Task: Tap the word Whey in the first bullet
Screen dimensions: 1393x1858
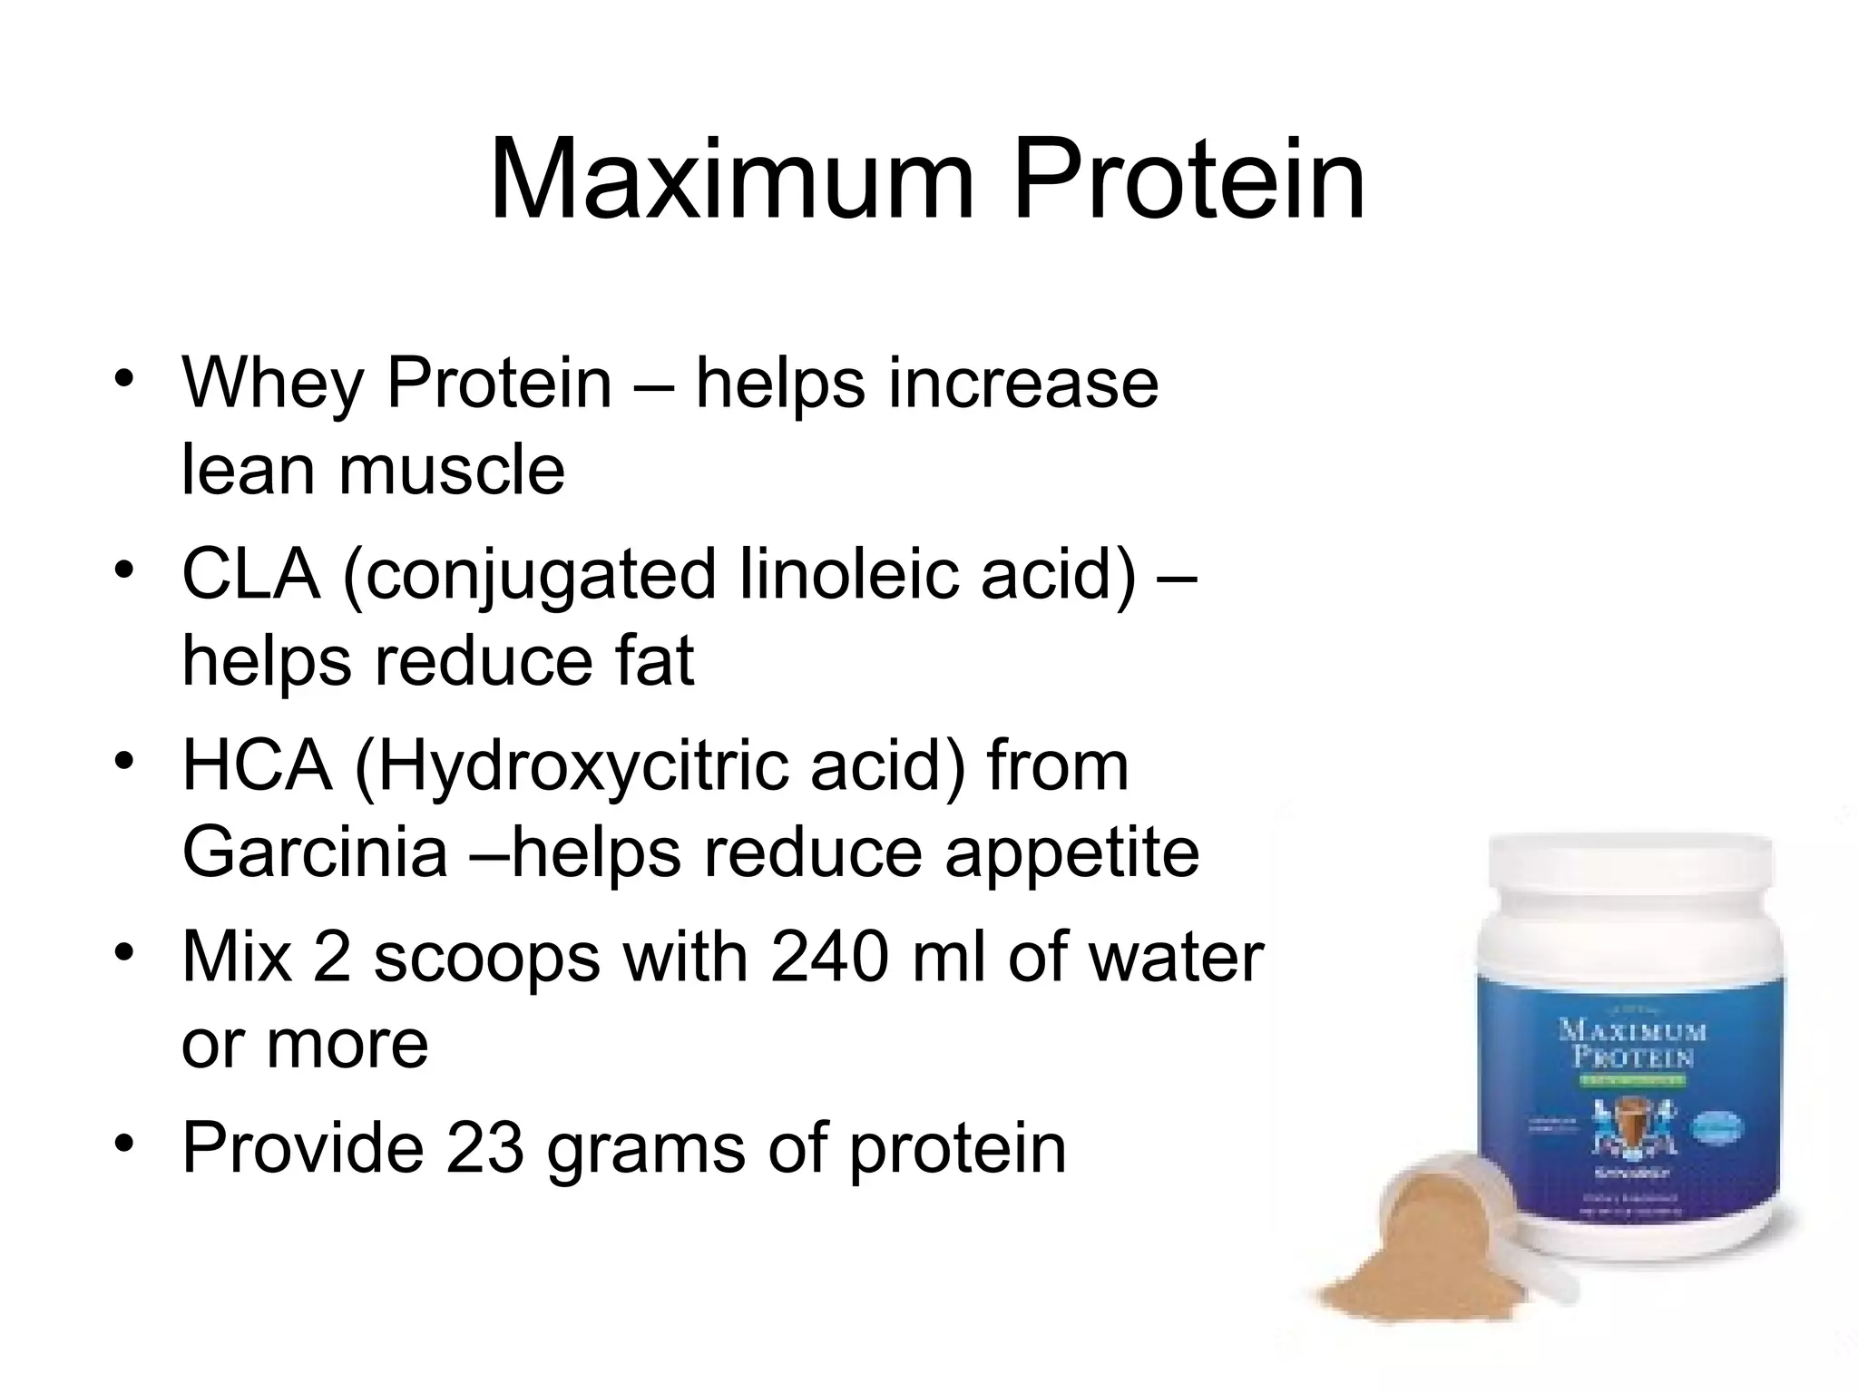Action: (271, 385)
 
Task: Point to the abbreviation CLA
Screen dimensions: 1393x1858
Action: (251, 574)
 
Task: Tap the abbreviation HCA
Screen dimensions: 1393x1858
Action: (257, 766)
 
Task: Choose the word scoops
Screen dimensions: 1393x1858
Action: (486, 959)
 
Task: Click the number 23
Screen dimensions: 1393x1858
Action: (484, 1148)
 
